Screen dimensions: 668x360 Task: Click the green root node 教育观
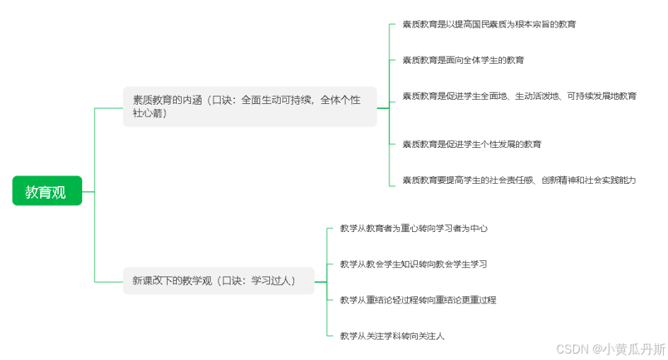point(47,191)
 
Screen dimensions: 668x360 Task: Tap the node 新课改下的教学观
point(218,281)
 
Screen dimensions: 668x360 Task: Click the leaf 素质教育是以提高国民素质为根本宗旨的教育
point(488,24)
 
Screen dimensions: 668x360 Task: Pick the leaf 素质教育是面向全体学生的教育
point(463,60)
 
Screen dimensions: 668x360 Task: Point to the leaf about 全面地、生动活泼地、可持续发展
point(519,95)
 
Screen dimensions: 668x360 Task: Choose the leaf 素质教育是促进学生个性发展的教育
point(471,144)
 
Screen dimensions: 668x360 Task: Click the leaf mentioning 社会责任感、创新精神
point(519,180)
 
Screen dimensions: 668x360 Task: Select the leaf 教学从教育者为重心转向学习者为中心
point(414,228)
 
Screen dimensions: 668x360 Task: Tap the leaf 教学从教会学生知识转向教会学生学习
point(413,264)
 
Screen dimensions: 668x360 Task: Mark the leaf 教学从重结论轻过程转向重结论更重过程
point(418,300)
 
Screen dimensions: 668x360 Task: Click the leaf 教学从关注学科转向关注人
point(392,335)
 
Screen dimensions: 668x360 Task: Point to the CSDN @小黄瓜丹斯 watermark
point(610,349)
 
